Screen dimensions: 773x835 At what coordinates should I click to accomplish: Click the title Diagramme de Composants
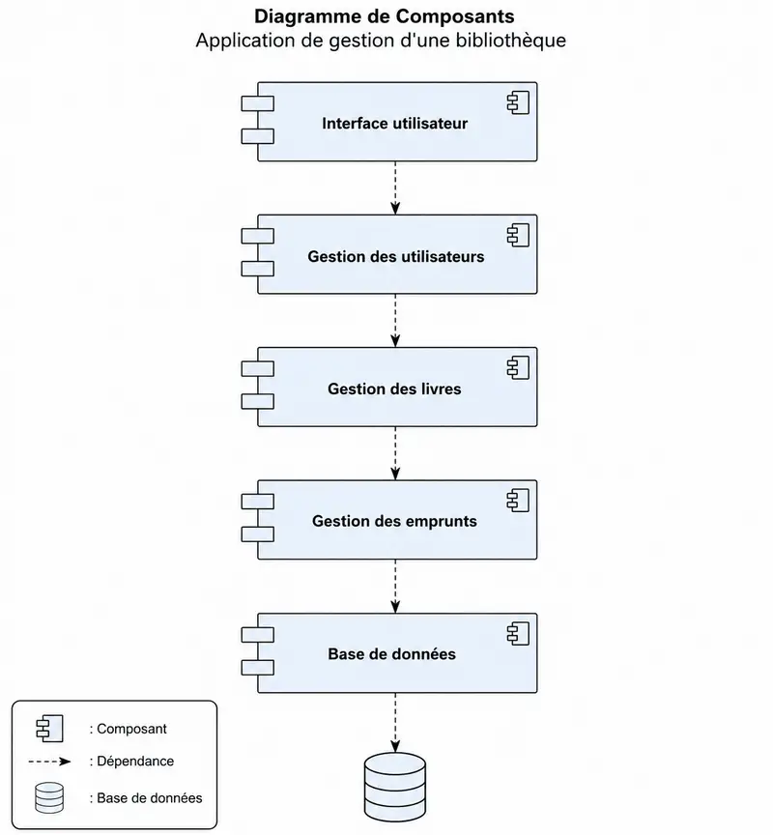pyautogui.click(x=384, y=16)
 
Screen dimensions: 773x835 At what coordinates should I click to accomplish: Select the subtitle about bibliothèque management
pyautogui.click(x=381, y=41)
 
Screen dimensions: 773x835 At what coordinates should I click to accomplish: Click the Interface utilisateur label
pyautogui.click(x=394, y=124)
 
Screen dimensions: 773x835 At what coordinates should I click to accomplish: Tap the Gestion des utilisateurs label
pyautogui.click(x=395, y=257)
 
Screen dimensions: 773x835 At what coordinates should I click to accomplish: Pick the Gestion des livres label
pyautogui.click(x=394, y=389)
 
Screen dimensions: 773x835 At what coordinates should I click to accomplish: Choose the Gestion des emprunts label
pyautogui.click(x=394, y=521)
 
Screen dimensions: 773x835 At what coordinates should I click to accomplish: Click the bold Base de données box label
pyautogui.click(x=392, y=654)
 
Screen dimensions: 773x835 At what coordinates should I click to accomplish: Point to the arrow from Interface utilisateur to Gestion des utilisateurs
pyautogui.click(x=395, y=188)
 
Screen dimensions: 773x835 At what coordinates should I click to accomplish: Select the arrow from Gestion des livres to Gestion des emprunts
pyautogui.click(x=395, y=453)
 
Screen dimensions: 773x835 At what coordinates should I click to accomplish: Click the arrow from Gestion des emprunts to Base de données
pyautogui.click(x=395, y=587)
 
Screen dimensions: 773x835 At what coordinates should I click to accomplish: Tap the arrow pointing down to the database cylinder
pyautogui.click(x=395, y=723)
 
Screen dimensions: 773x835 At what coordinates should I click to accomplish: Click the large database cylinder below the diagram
pyautogui.click(x=395, y=787)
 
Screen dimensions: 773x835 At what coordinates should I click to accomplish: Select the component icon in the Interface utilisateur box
pyautogui.click(x=519, y=102)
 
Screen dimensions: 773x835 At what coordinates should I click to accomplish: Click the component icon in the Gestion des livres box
pyautogui.click(x=519, y=368)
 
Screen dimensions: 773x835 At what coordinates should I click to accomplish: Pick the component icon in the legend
pyautogui.click(x=49, y=729)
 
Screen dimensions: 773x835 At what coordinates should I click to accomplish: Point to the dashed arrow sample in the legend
pyautogui.click(x=49, y=762)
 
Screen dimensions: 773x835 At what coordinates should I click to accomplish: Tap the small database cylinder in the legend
pyautogui.click(x=49, y=797)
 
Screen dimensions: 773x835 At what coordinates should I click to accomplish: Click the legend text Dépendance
pyautogui.click(x=131, y=762)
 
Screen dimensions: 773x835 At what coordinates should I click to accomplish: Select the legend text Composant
pyautogui.click(x=128, y=729)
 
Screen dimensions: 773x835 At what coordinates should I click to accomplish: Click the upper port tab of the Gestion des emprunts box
pyautogui.click(x=258, y=502)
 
